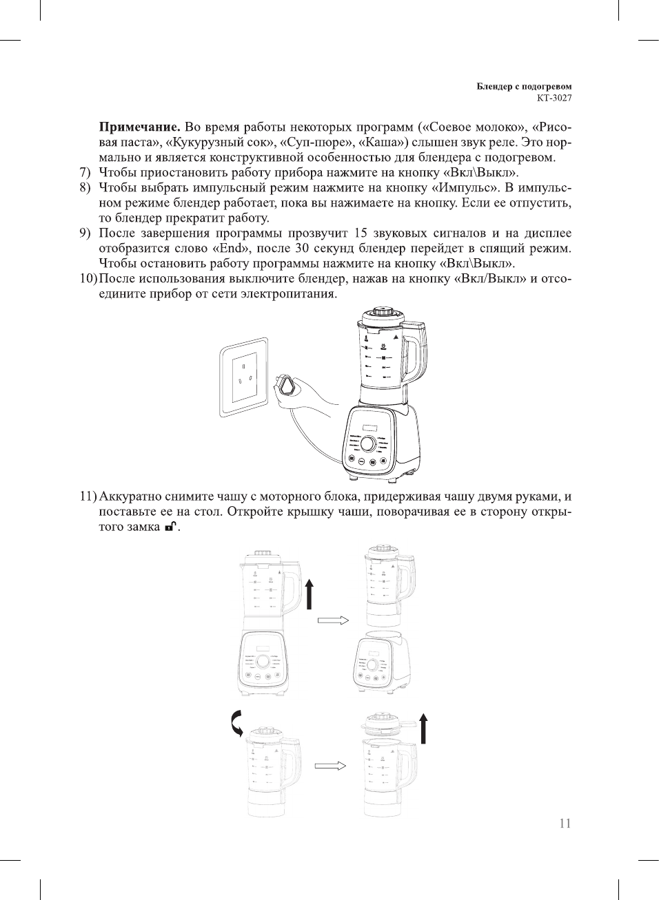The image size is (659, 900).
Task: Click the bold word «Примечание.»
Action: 140,127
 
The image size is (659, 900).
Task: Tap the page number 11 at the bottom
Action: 565,824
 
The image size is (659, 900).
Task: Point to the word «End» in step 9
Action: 232,249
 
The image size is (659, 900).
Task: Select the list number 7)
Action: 85,173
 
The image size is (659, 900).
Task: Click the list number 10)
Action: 88,279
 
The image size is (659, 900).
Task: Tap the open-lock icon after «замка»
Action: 170,527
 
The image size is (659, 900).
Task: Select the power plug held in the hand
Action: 287,386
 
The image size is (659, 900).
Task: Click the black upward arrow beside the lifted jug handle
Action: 310,594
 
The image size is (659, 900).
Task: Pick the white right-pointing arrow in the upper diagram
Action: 333,620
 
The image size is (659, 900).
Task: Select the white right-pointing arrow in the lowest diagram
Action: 329,766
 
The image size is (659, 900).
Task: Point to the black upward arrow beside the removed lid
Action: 423,729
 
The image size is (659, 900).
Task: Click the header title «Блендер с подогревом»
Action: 524,87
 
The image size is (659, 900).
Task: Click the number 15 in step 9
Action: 361,233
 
